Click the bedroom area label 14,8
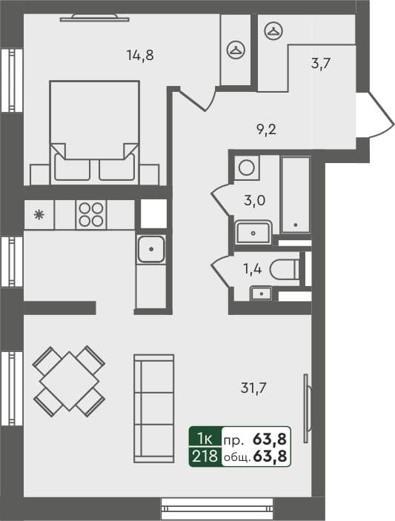[139, 54]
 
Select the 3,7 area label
[320, 63]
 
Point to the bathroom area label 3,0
[256, 199]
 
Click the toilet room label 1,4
[253, 268]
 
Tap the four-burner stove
[90, 214]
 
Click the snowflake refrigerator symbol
[39, 216]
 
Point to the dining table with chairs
[68, 379]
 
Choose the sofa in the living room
[153, 408]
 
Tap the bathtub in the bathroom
[296, 193]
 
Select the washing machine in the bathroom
[247, 167]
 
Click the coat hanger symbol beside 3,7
[273, 30]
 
